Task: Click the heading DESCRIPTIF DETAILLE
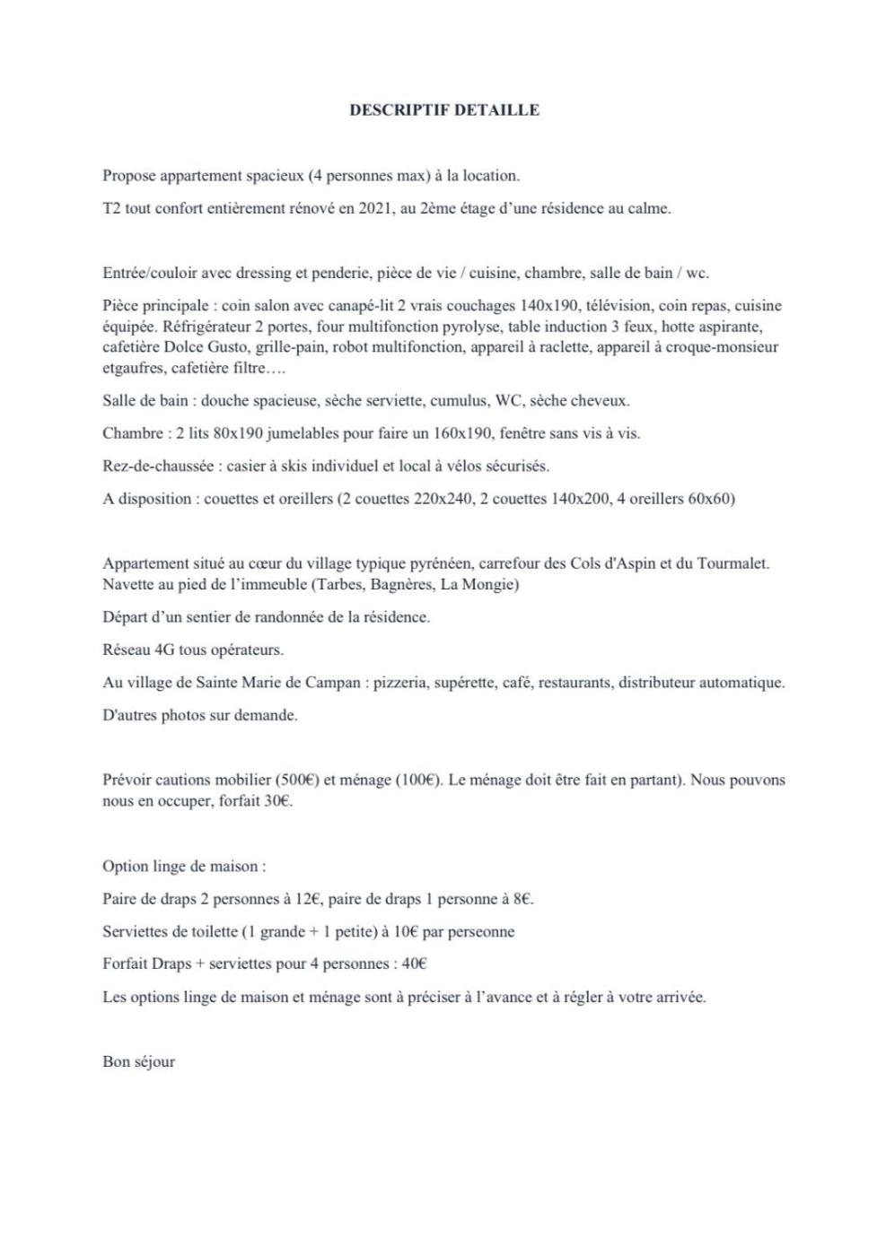point(443,110)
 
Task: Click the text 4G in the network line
point(165,650)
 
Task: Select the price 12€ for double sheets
point(310,899)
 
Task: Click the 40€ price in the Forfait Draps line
point(414,964)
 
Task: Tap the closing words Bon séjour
point(139,1061)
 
